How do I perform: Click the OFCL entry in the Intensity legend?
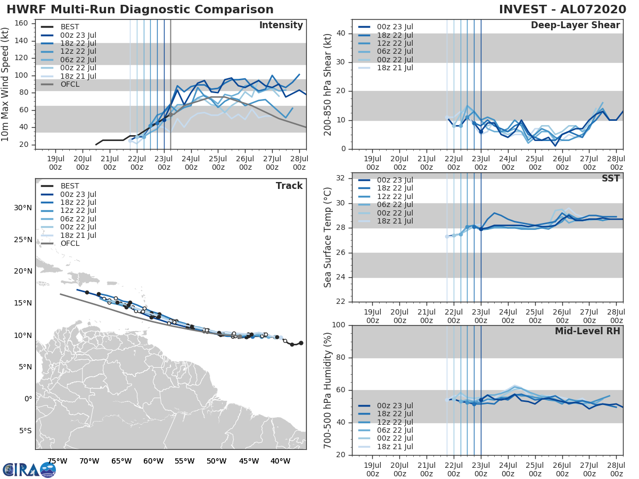[x=70, y=84]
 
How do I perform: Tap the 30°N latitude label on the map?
[x=23, y=208]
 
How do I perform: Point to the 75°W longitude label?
[x=57, y=461]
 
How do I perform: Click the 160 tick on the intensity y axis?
[x=22, y=23]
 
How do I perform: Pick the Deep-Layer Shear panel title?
[x=575, y=26]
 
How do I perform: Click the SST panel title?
[x=610, y=178]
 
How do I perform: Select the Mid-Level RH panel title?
[x=587, y=331]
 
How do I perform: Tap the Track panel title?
[x=289, y=186]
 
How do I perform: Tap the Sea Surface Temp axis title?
[x=328, y=237]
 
